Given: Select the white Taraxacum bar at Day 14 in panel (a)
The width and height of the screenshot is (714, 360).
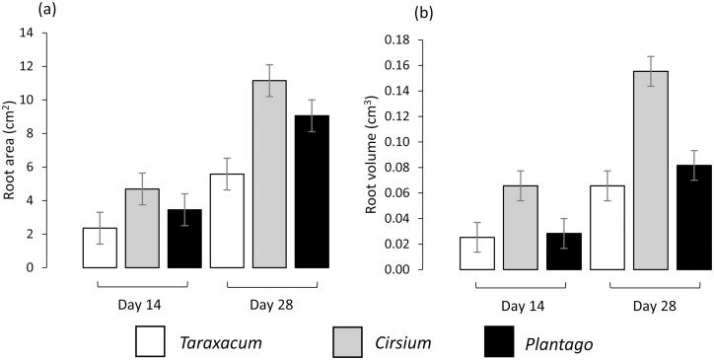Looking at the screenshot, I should click(100, 248).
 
